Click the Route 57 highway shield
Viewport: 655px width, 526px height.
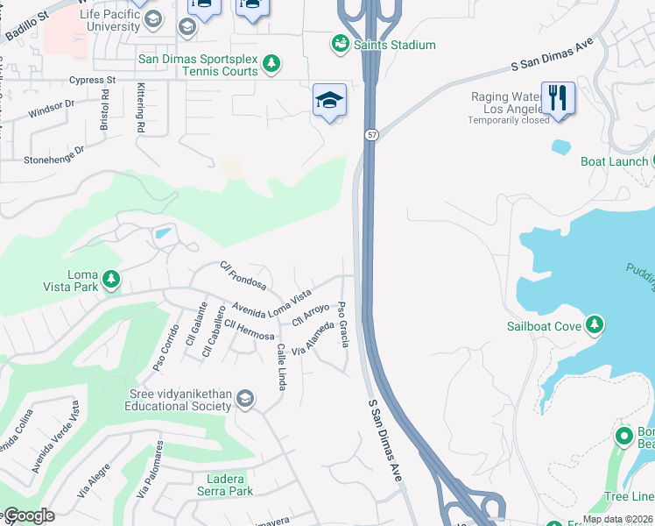372,134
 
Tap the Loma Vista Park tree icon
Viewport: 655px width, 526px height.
111,279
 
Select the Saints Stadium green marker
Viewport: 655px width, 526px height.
339,43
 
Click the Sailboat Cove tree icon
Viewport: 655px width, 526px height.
595,326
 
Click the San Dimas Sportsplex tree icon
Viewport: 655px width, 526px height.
271,62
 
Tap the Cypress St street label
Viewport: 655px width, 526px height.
93,80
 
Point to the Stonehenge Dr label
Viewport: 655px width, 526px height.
54,154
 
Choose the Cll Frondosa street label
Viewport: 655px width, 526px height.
243,276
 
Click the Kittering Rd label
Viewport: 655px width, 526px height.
140,108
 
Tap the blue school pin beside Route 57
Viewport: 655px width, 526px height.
330,101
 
